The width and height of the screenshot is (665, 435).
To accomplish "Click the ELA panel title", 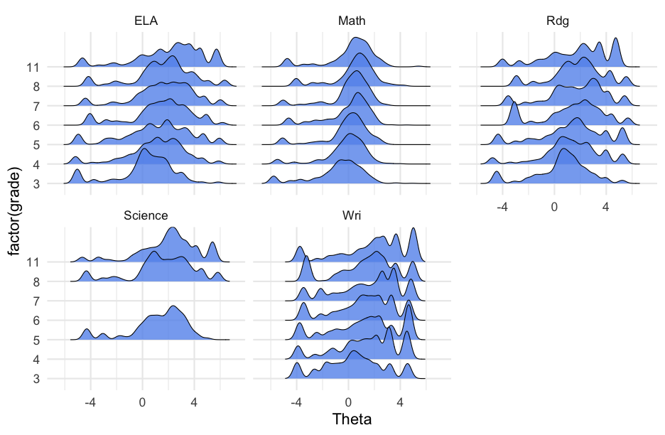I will [146, 22].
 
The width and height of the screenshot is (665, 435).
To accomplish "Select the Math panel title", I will [352, 22].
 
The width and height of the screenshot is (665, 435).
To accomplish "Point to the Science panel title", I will [146, 216].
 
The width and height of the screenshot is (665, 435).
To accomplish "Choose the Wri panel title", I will [352, 216].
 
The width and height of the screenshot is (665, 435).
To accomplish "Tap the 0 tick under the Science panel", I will [142, 402].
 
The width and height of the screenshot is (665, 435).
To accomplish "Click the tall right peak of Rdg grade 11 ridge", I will [615, 40].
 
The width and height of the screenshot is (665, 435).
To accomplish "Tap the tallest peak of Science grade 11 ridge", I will [172, 229].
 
